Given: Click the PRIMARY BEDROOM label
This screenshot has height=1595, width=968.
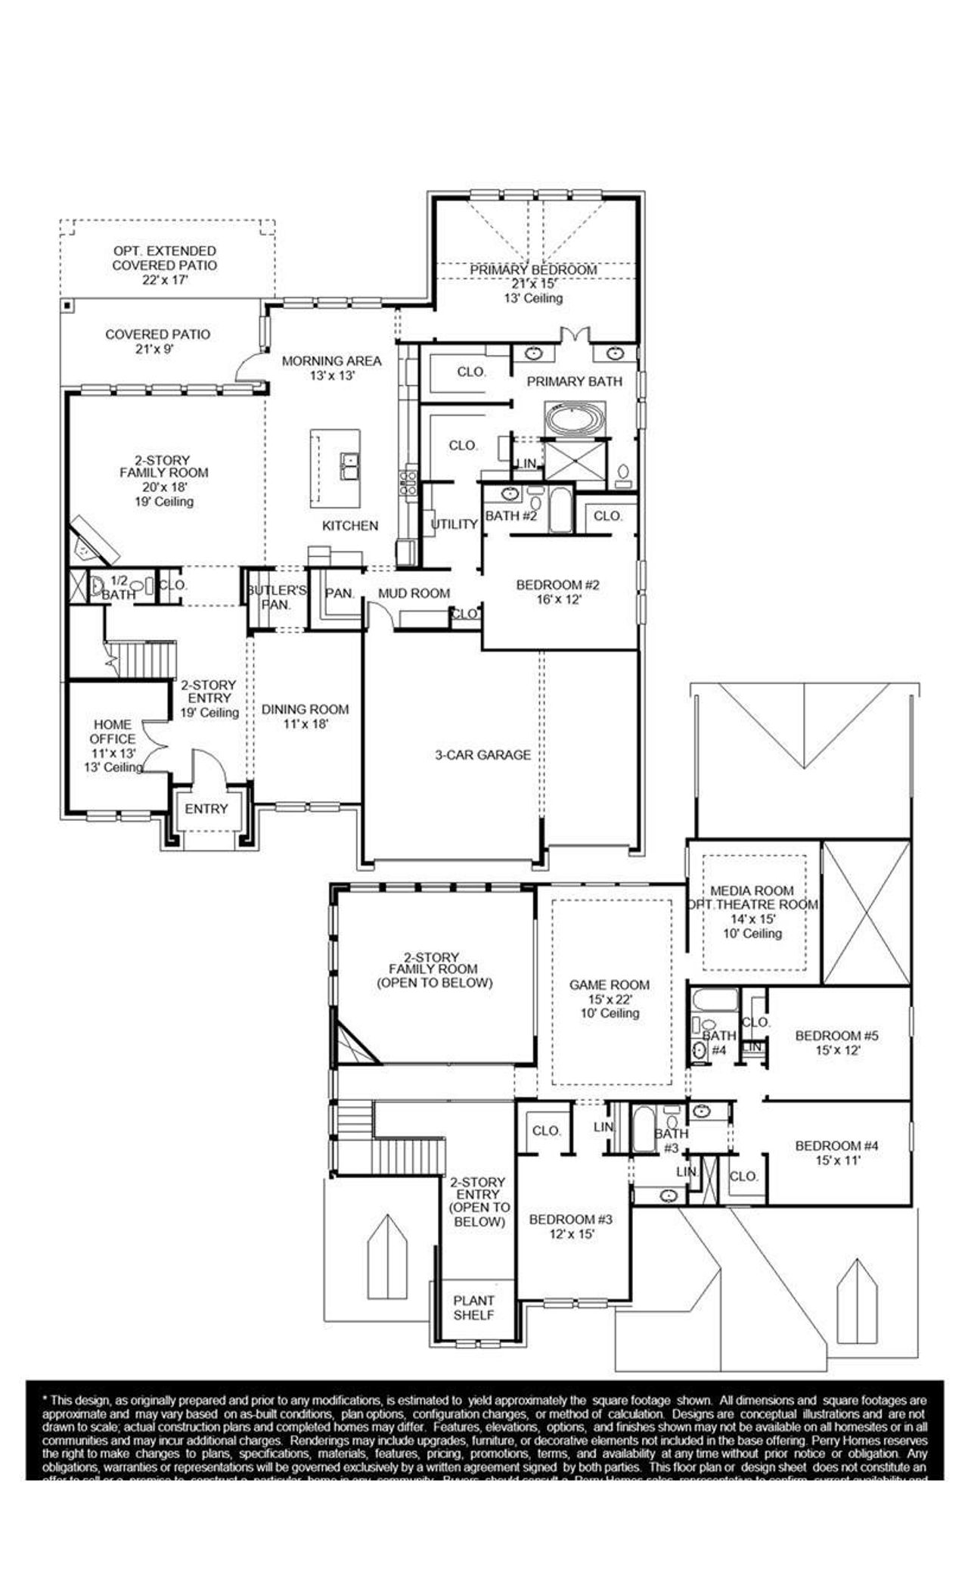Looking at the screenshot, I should point(533,270).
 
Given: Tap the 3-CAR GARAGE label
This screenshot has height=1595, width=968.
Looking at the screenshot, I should point(482,754).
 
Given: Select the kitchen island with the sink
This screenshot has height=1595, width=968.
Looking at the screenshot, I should point(335,468).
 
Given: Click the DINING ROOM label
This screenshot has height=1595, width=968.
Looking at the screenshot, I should point(305,709).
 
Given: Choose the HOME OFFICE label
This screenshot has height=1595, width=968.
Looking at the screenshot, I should point(113,732).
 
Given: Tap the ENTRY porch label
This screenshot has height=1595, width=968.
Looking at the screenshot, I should point(206,809).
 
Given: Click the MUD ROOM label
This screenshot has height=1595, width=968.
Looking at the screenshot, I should point(414,594).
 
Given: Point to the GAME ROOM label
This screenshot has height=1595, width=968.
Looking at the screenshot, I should point(609,984).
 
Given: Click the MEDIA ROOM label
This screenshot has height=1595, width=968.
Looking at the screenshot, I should point(752,891).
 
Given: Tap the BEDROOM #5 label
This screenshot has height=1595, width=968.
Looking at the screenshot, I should point(828,1036).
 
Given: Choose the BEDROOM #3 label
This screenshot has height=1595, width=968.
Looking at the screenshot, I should point(570,1219).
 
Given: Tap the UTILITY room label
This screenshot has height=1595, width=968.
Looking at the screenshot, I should point(454,524).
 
